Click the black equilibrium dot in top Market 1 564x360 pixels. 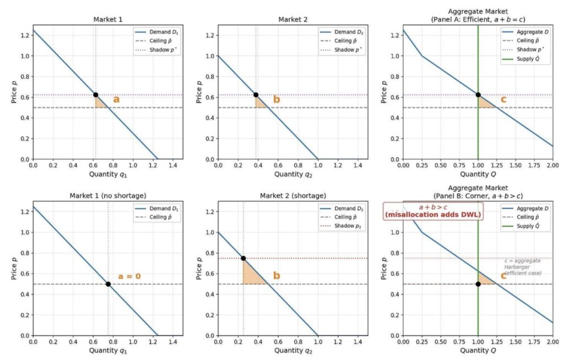95,95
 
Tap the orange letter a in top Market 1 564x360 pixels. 116,100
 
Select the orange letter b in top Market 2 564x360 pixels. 276,100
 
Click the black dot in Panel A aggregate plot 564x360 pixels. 478,95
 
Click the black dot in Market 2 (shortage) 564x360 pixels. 243,258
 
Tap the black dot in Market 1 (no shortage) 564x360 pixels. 108,284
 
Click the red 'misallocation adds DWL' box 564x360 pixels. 432,211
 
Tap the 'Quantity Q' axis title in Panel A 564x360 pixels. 478,174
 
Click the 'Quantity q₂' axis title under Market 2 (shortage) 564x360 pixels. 292,351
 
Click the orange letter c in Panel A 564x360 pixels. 503,100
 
